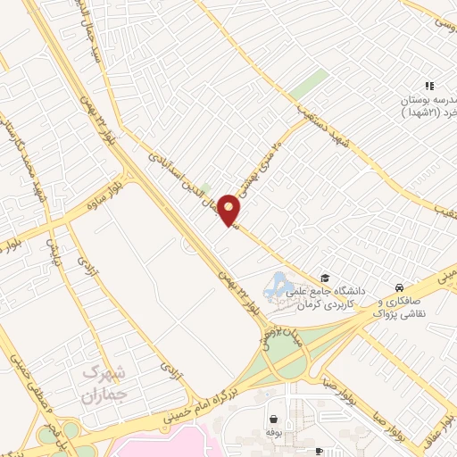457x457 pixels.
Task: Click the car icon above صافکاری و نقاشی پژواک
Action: [398, 287]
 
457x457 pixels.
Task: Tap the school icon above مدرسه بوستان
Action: [429, 87]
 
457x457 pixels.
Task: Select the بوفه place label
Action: [273, 432]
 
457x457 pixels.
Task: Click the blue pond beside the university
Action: [277, 285]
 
